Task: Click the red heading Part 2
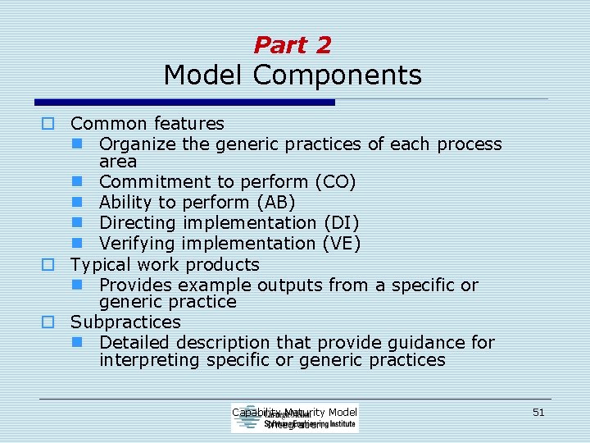point(293,45)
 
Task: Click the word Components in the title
point(338,75)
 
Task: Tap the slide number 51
point(538,413)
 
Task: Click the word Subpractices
point(125,322)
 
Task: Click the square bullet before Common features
point(48,124)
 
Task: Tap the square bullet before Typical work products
point(48,264)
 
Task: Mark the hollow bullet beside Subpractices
point(48,322)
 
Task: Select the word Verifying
point(138,243)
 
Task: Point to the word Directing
point(138,222)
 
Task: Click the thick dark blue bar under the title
point(185,103)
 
